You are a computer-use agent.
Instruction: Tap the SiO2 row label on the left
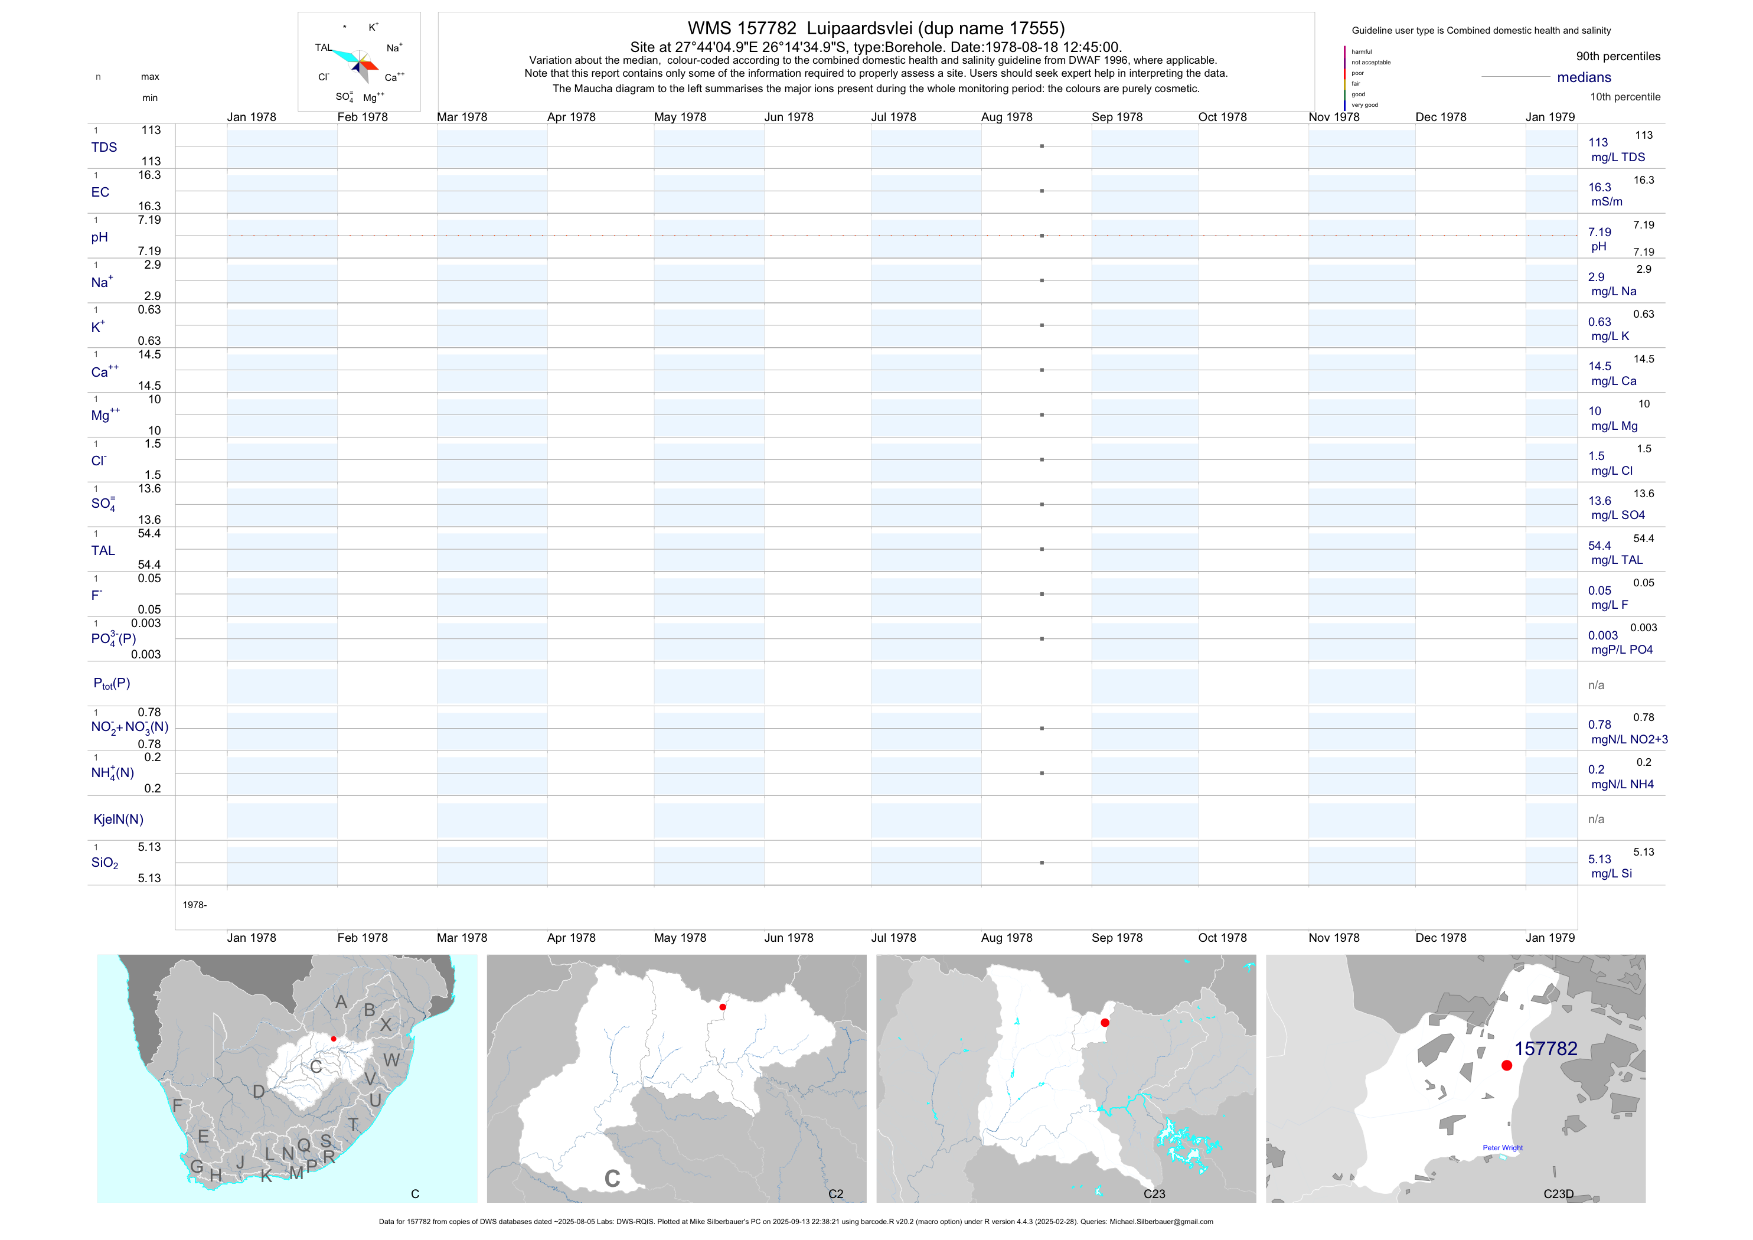tap(105, 863)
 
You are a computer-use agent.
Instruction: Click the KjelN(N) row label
tap(118, 820)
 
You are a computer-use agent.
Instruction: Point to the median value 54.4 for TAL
tap(1599, 546)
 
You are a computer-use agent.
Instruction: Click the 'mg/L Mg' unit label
tap(1614, 426)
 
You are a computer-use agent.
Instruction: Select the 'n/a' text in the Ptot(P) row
tap(1596, 686)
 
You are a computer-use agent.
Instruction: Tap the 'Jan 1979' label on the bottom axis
tap(1550, 938)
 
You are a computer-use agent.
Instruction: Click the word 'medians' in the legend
tap(1584, 77)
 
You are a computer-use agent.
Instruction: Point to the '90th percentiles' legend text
tap(1618, 57)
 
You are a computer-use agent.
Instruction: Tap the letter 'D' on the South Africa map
tap(259, 1092)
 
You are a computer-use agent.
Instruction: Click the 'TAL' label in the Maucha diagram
tap(323, 47)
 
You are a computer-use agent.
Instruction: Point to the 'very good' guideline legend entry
tap(1364, 105)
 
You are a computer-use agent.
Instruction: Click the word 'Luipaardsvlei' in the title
tap(859, 28)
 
